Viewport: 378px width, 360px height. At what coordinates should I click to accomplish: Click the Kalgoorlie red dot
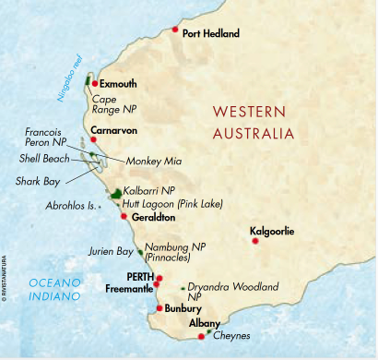pyautogui.click(x=255, y=241)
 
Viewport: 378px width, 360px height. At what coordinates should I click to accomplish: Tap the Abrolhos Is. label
pyautogui.click(x=70, y=208)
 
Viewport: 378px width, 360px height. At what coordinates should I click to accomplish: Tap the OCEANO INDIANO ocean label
pyautogui.click(x=43, y=288)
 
